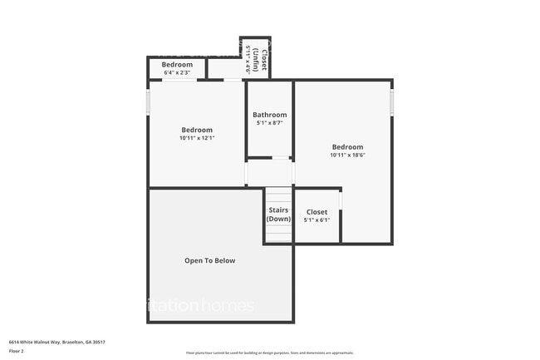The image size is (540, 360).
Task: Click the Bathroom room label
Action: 270,115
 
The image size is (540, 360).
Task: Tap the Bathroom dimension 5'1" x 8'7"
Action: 270,123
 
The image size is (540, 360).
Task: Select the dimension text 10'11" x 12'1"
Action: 197,138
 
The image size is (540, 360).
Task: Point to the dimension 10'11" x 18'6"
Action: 347,155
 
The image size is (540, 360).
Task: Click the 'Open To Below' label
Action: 209,260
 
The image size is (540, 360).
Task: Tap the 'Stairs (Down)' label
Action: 278,215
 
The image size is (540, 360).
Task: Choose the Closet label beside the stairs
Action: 317,212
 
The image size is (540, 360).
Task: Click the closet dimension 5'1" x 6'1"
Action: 317,220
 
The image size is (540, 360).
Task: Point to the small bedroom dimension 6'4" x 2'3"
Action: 177,72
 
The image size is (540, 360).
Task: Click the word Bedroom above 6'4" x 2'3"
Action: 177,65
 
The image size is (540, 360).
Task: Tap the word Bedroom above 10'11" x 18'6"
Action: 347,147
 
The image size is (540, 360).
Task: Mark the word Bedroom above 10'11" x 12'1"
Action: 197,130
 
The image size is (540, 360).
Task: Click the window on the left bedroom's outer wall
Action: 148,102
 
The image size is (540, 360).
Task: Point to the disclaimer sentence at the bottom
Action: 269,352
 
